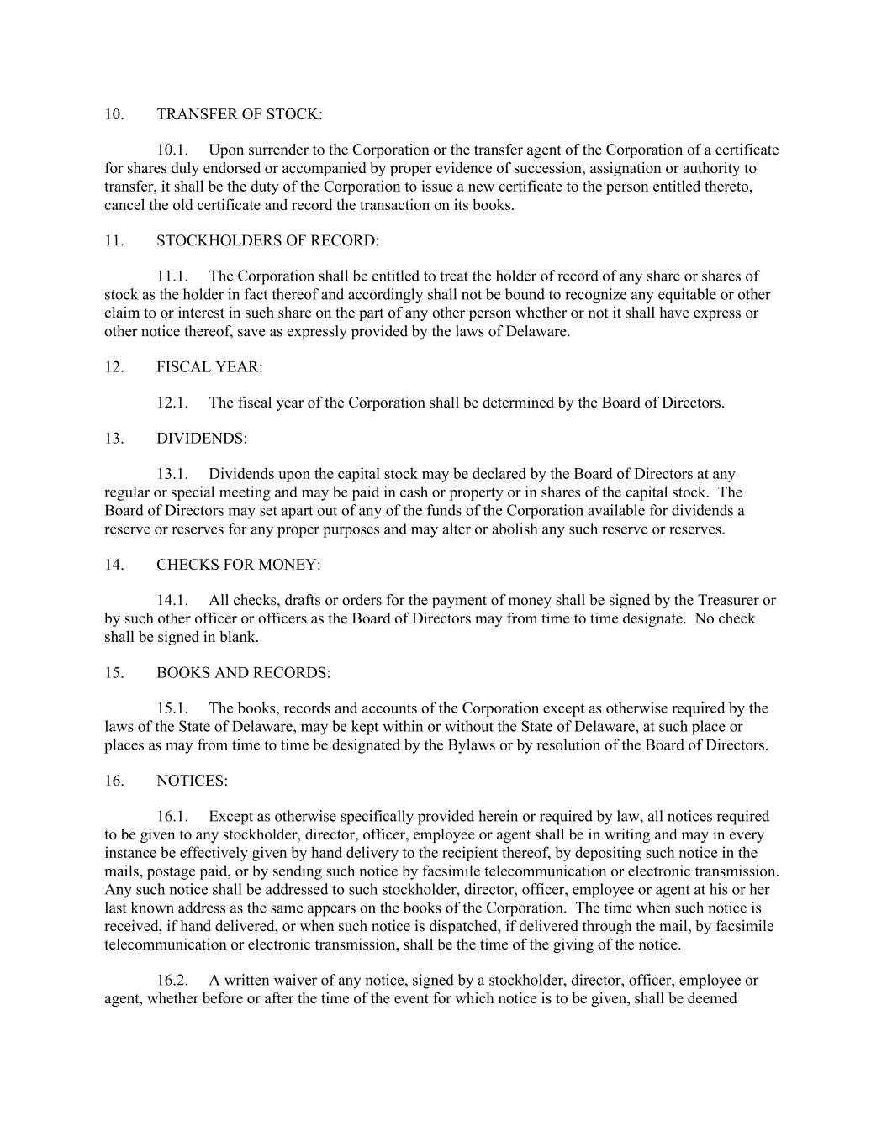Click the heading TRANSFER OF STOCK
[x=239, y=114]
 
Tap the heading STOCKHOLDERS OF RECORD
[x=267, y=241]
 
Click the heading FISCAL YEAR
[x=209, y=367]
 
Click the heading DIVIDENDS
[x=202, y=439]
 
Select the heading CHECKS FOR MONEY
[x=238, y=565]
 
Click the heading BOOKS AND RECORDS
[x=243, y=673]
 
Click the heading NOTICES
[x=192, y=781]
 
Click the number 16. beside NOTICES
[x=114, y=781]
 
